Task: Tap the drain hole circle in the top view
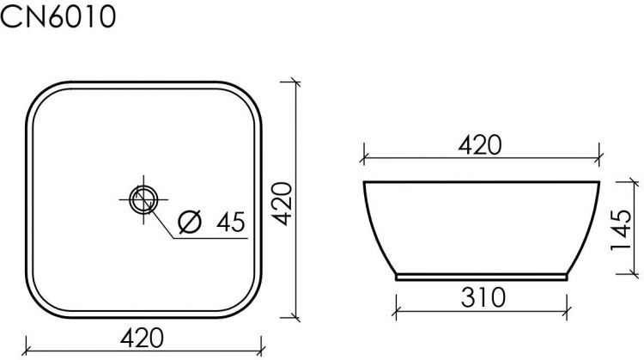pyautogui.click(x=142, y=199)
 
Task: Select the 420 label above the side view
pyautogui.click(x=479, y=145)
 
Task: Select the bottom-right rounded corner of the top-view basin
pyautogui.click(x=249, y=305)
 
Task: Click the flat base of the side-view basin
pyautogui.click(x=482, y=278)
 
